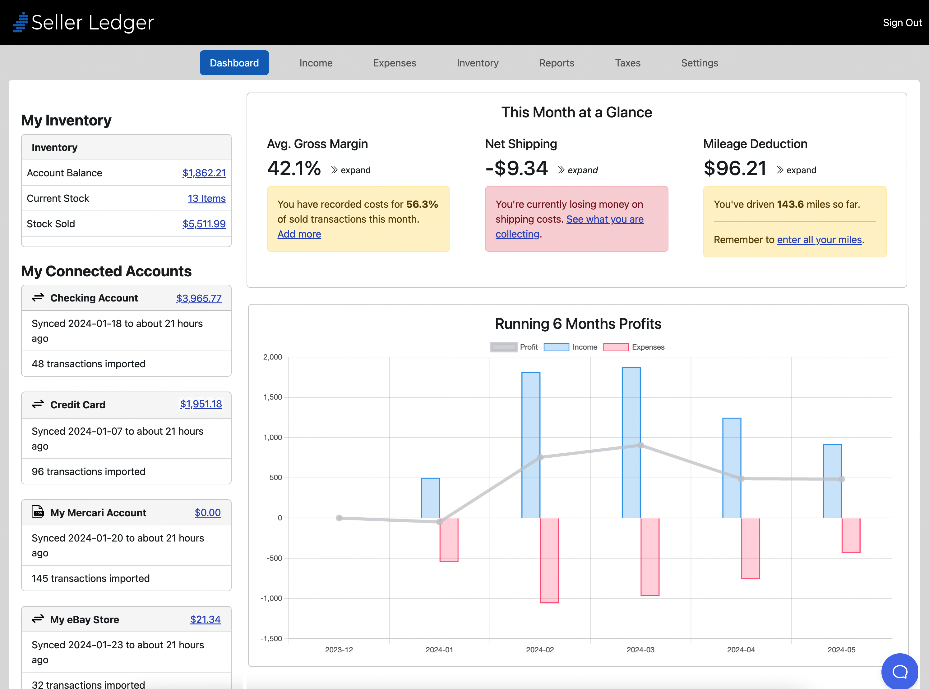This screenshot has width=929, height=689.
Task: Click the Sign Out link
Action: [902, 23]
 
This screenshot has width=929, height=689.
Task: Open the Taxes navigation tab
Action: [627, 63]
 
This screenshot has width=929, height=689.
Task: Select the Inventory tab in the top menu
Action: [477, 63]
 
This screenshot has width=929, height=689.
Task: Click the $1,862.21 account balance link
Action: [204, 173]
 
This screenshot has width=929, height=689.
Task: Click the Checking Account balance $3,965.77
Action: [199, 298]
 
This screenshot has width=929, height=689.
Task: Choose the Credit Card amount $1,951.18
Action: [201, 404]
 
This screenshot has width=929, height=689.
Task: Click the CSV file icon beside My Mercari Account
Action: [38, 511]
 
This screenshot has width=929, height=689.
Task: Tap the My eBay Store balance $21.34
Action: [205, 619]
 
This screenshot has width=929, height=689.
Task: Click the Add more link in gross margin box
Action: [299, 234]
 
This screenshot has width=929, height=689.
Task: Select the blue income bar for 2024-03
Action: [631, 442]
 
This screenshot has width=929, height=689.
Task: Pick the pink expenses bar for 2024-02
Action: [549, 560]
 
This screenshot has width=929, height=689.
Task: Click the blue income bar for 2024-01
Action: [430, 498]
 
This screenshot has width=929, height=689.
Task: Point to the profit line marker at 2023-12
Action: [339, 518]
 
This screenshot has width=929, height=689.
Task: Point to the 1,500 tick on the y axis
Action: [273, 397]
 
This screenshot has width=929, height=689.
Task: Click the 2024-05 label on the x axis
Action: [841, 650]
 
